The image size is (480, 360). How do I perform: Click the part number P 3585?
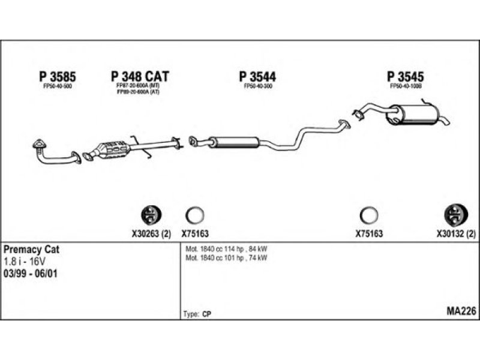tap(58, 76)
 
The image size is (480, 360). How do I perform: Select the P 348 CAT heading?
tap(140, 76)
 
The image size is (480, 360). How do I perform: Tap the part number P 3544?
tap(257, 76)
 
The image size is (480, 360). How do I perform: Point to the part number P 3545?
tap(406, 76)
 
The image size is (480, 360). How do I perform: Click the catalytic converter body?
tap(114, 149)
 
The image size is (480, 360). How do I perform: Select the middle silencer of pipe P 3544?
tap(233, 142)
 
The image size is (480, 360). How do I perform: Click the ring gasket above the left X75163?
tap(195, 214)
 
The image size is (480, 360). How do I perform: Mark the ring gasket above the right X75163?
tap(368, 214)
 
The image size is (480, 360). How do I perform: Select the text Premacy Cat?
tap(32, 249)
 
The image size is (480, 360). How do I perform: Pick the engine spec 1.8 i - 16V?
tap(24, 261)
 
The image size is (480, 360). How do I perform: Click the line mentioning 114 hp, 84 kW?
tap(227, 249)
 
